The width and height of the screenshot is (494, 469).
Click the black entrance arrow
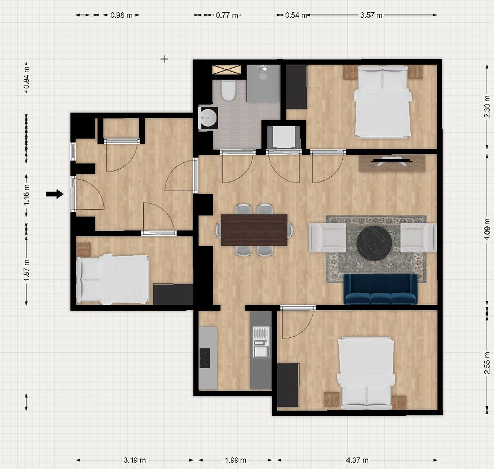[54, 194]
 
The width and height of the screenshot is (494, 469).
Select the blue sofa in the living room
[380, 289]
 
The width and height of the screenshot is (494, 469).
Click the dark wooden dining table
[254, 229]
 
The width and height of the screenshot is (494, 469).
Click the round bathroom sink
[207, 118]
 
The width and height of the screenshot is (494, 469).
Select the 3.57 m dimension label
[371, 16]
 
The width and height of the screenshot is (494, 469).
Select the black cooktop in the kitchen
[205, 357]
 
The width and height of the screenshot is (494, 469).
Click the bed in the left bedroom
[113, 279]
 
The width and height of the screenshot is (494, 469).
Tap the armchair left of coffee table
[327, 237]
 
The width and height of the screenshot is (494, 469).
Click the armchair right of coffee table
[418, 237]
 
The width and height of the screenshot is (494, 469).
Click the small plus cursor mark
[164, 59]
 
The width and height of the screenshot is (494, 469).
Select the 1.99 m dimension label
[235, 460]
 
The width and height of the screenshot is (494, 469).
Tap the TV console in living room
[392, 164]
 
